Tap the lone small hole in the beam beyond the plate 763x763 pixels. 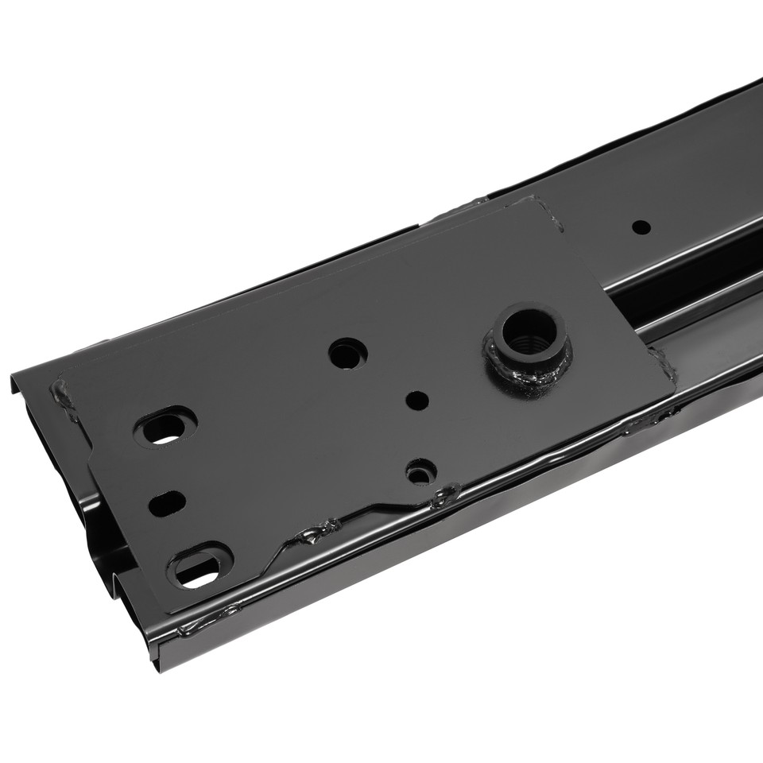pyautogui.click(x=641, y=227)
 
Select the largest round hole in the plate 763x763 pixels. pyautogui.click(x=347, y=353)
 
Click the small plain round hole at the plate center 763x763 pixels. pyautogui.click(x=415, y=399)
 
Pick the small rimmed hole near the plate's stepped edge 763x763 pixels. pyautogui.click(x=420, y=472)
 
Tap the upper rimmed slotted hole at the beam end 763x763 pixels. pyautogui.click(x=165, y=429)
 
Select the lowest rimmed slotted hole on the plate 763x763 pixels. pyautogui.click(x=199, y=567)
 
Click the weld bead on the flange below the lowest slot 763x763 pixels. pyautogui.click(x=208, y=618)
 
